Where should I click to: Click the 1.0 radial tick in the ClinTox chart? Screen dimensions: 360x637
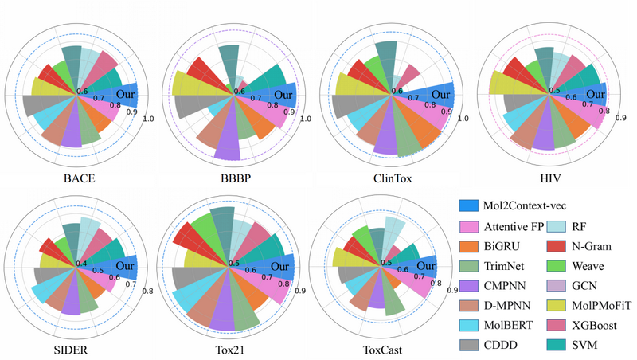point(463,119)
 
